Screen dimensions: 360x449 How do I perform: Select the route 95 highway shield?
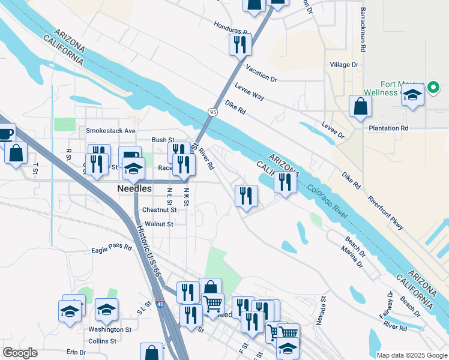(x=213, y=112)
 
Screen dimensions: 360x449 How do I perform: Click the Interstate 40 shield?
(x=160, y=304)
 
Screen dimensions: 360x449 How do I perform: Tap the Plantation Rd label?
(x=388, y=128)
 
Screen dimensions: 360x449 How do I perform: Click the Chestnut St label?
(x=159, y=210)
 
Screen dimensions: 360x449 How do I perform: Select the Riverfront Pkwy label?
(x=385, y=213)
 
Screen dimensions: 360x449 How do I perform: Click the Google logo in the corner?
(x=20, y=353)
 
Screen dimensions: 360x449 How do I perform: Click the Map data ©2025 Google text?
(x=411, y=355)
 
